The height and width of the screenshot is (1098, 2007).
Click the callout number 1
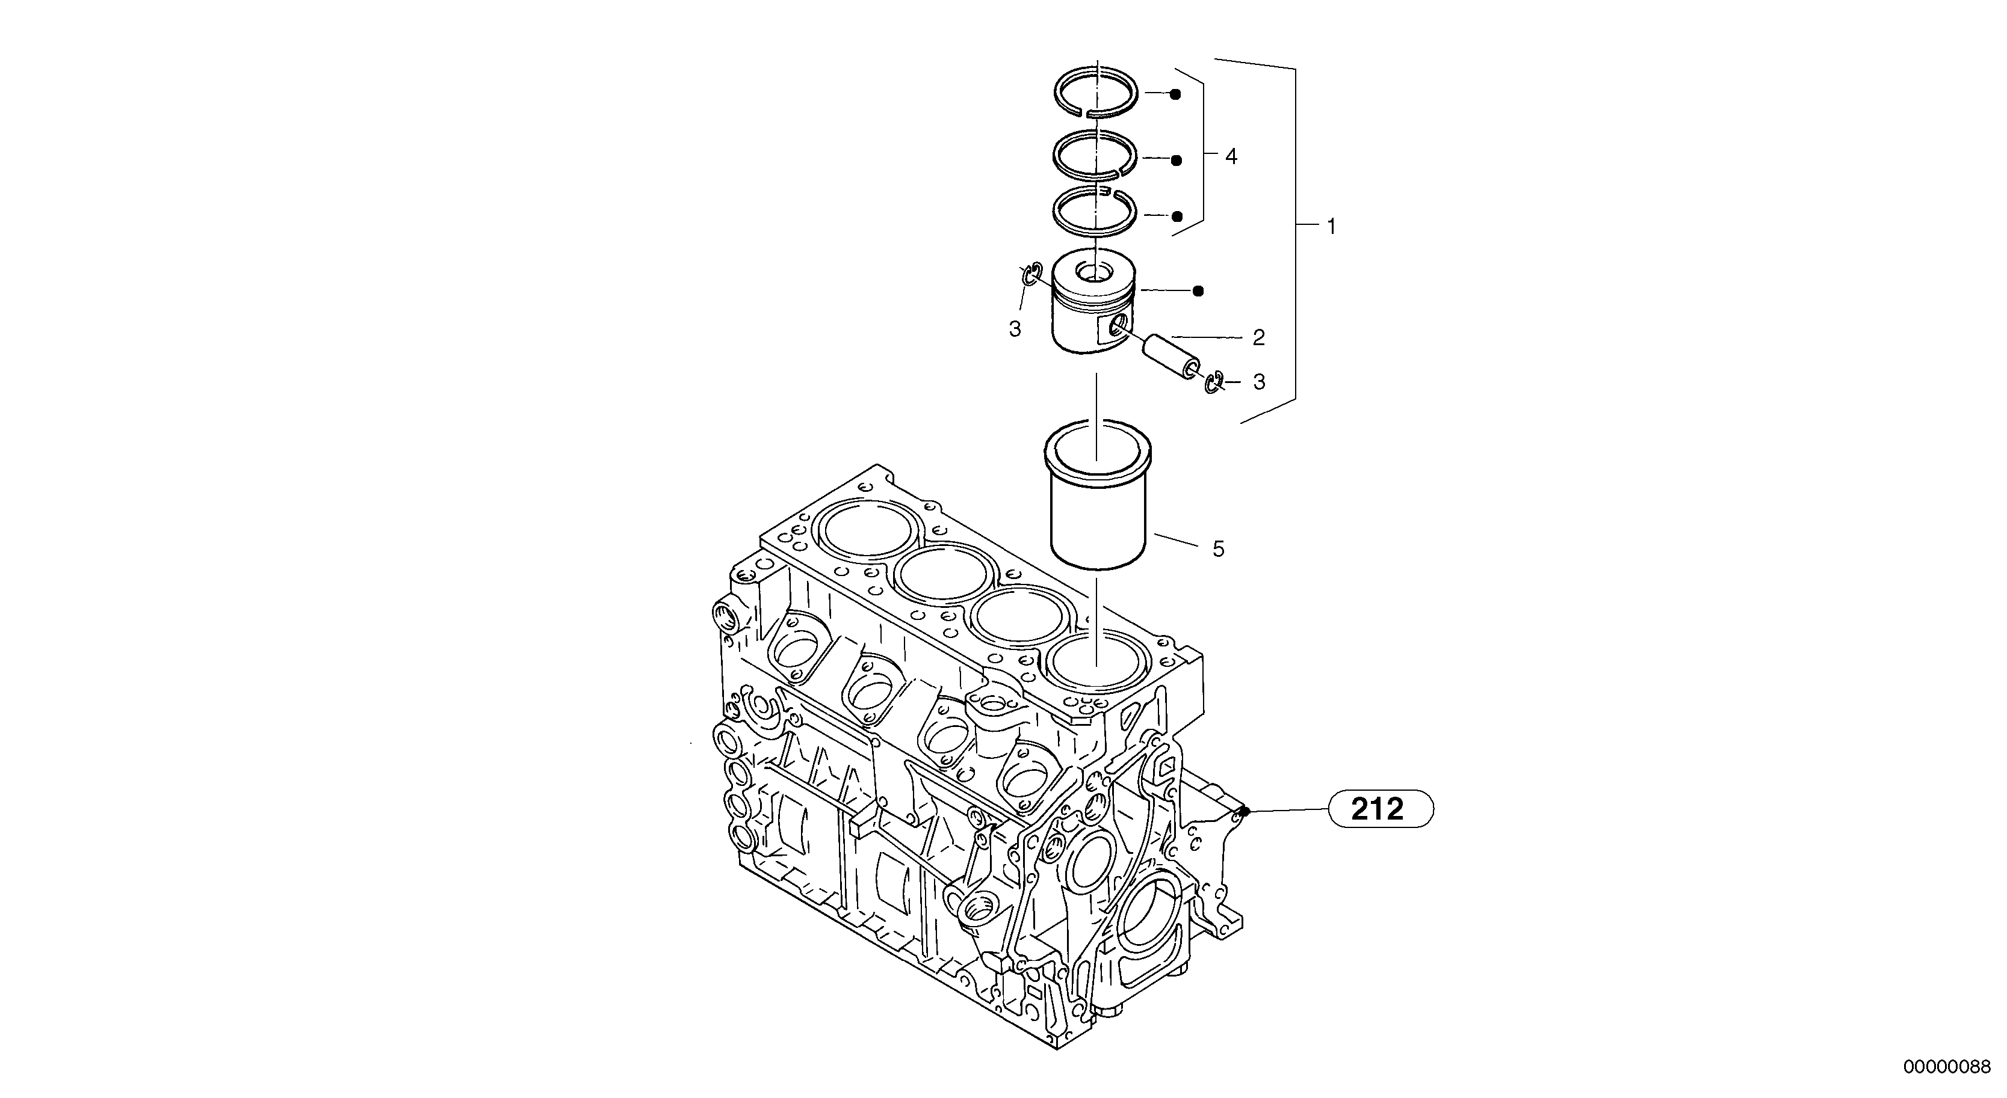(1332, 227)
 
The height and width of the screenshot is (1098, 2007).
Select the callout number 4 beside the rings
(1231, 158)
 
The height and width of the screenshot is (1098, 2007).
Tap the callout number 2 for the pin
(1258, 338)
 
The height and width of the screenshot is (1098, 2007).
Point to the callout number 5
(1219, 550)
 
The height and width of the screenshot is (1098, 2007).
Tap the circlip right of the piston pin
(1214, 383)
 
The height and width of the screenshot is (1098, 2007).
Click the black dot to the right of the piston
(1198, 290)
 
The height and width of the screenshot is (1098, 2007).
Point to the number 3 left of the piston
(1015, 329)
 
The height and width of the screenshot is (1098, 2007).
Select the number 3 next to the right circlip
(1259, 382)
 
